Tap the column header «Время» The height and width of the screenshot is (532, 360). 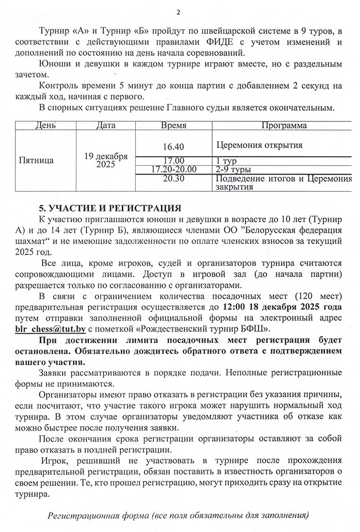(x=173, y=126)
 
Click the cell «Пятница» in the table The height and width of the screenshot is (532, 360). (x=37, y=161)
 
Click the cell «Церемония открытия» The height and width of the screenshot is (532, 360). (x=260, y=146)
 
